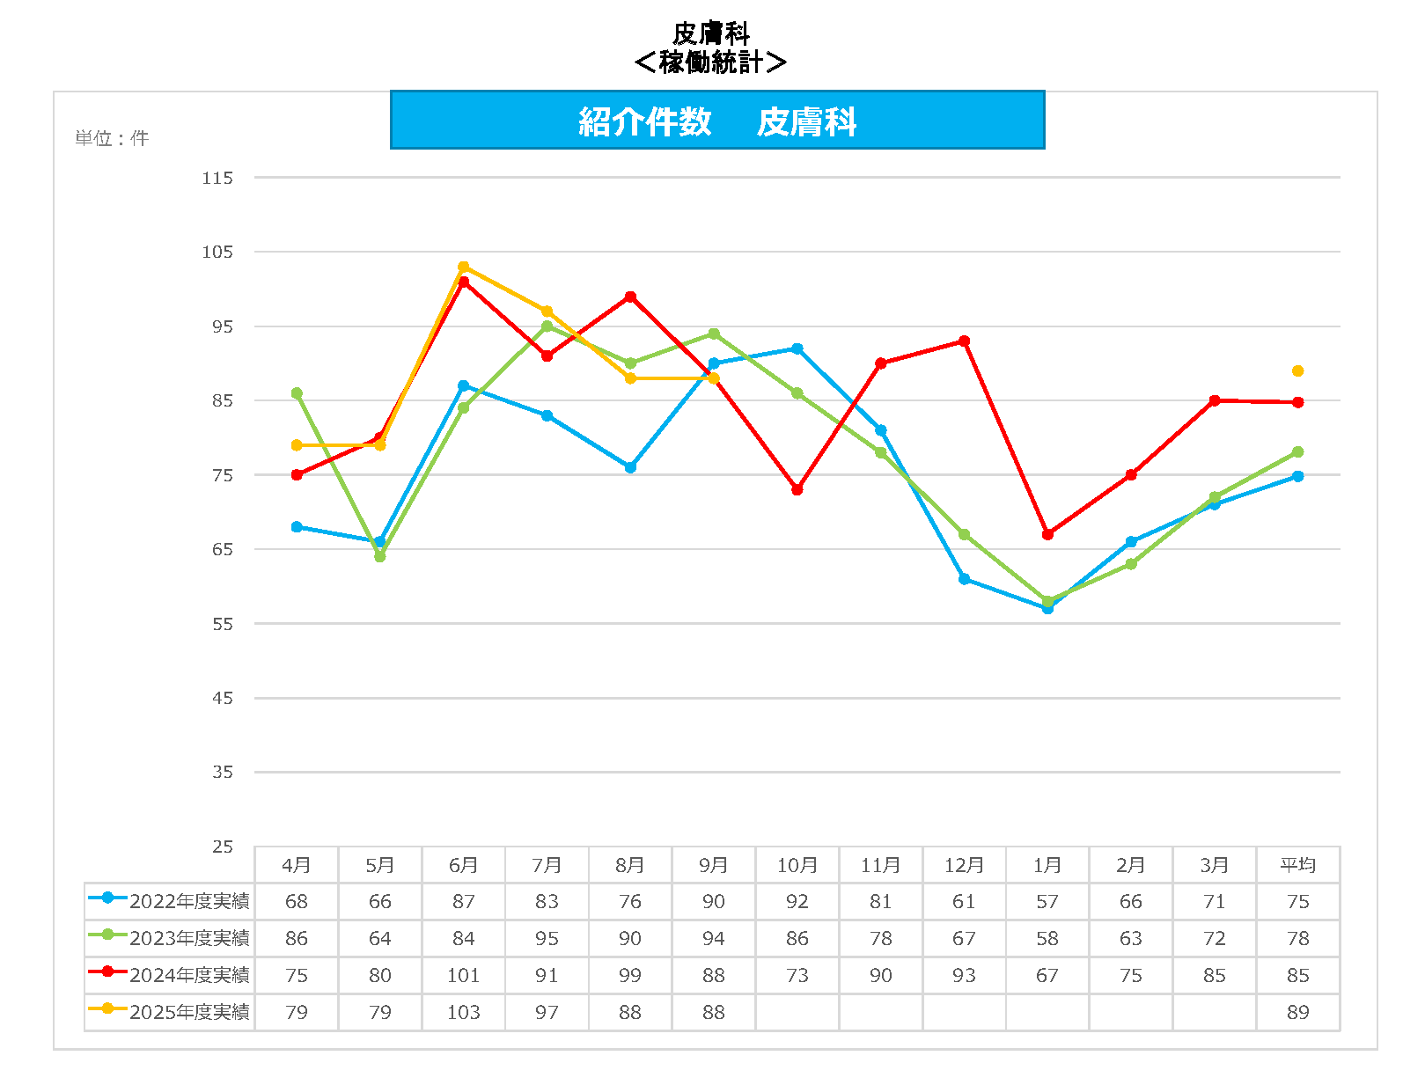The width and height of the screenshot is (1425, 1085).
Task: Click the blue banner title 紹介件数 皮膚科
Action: coord(716,121)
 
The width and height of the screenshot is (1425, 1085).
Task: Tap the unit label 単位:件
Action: coord(112,138)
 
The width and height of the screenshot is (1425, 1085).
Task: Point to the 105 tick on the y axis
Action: coord(217,252)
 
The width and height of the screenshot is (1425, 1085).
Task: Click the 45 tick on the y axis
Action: coord(223,698)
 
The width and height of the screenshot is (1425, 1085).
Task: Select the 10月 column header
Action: coord(797,865)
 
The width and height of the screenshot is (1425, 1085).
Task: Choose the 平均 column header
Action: coord(1297,865)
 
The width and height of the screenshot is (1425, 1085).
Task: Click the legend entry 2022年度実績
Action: coord(170,901)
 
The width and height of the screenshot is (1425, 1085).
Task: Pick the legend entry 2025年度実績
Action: coord(170,1012)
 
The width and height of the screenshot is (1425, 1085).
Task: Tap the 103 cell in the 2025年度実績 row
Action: coord(463,1012)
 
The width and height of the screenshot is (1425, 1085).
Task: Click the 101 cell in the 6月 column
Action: coord(463,975)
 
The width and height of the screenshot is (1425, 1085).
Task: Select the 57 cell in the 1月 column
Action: coord(1047,901)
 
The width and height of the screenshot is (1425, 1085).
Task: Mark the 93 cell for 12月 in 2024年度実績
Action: coord(964,975)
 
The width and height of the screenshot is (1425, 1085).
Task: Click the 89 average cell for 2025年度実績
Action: coord(1297,1012)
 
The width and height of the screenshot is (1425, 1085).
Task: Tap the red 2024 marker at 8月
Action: coord(630,297)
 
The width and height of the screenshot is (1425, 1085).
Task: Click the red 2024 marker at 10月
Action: coord(797,490)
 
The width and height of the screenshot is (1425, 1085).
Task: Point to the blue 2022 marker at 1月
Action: coord(1047,608)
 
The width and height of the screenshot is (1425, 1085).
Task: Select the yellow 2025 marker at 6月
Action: coord(464,267)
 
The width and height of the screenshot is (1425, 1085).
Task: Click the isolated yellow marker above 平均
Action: coord(1297,371)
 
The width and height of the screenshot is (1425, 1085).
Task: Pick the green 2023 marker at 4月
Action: coord(297,393)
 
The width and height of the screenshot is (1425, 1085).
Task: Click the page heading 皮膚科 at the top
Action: coord(710,33)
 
